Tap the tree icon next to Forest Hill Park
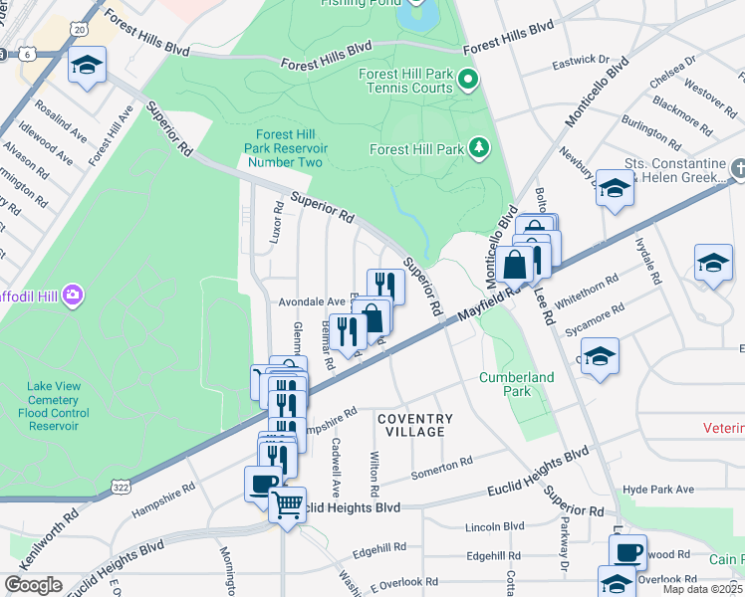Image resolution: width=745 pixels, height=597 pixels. (480, 149)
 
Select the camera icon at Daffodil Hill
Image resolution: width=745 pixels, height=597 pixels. (72, 295)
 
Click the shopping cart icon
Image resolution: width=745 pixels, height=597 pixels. (287, 504)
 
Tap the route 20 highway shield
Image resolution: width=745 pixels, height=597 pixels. (80, 30)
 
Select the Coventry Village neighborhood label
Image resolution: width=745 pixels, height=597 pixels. (414, 427)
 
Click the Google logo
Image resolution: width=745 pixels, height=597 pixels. (33, 585)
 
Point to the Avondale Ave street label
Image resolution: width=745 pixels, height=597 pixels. (310, 301)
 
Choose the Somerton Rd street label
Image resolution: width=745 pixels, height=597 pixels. (441, 467)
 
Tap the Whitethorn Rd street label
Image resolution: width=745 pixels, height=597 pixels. (590, 297)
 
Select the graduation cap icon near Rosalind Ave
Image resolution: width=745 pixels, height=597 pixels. (87, 66)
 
